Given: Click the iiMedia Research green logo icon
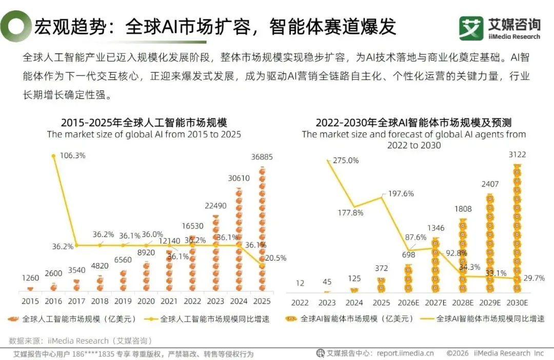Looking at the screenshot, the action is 471,28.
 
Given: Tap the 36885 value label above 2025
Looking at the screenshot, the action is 262,157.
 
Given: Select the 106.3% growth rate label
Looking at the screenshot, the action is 72,155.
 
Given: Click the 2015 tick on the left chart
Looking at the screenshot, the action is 30,302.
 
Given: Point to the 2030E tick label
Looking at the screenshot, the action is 517,303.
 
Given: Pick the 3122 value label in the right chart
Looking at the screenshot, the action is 517,154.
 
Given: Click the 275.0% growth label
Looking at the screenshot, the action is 346,161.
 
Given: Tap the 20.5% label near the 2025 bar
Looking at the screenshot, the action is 275,258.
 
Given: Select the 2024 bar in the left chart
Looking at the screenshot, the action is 239,239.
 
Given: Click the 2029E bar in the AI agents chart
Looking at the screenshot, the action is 490,244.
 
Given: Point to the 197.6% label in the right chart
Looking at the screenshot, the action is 401,194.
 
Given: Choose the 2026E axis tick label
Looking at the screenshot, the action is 408,303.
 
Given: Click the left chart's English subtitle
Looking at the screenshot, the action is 144,134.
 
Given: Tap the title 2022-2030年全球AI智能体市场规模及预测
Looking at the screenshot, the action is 414,123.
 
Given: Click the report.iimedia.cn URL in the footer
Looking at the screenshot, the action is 405,353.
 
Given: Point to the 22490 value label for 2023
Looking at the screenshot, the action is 215,206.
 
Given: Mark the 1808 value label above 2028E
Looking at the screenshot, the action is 463,209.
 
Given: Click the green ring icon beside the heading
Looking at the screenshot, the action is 15,27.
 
